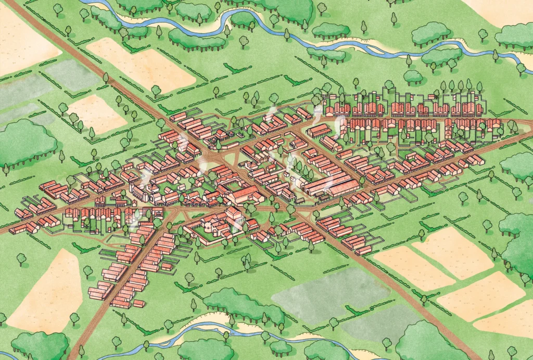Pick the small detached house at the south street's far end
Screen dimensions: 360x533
coord(138,303)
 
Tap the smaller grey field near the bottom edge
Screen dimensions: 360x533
coord(380,324)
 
